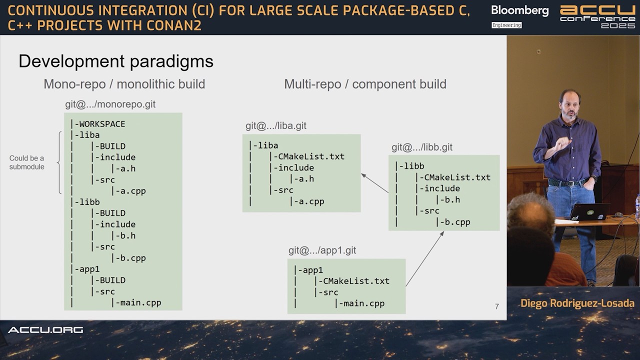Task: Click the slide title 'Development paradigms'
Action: [x=116, y=61]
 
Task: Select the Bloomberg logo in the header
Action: [x=519, y=10]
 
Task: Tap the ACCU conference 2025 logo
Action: [x=597, y=16]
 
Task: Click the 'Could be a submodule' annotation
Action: [x=26, y=162]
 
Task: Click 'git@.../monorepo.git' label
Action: [x=110, y=104]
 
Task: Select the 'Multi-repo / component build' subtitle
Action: [x=365, y=84]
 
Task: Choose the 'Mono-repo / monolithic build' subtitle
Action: [x=124, y=84]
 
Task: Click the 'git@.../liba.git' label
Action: [x=275, y=126]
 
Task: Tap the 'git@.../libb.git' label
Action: [x=421, y=147]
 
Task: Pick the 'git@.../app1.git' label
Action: [x=322, y=250]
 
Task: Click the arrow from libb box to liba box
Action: [x=374, y=183]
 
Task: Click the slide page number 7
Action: [x=496, y=306]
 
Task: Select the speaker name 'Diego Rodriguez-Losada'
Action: [x=577, y=303]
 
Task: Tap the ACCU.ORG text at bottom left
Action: [x=45, y=330]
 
